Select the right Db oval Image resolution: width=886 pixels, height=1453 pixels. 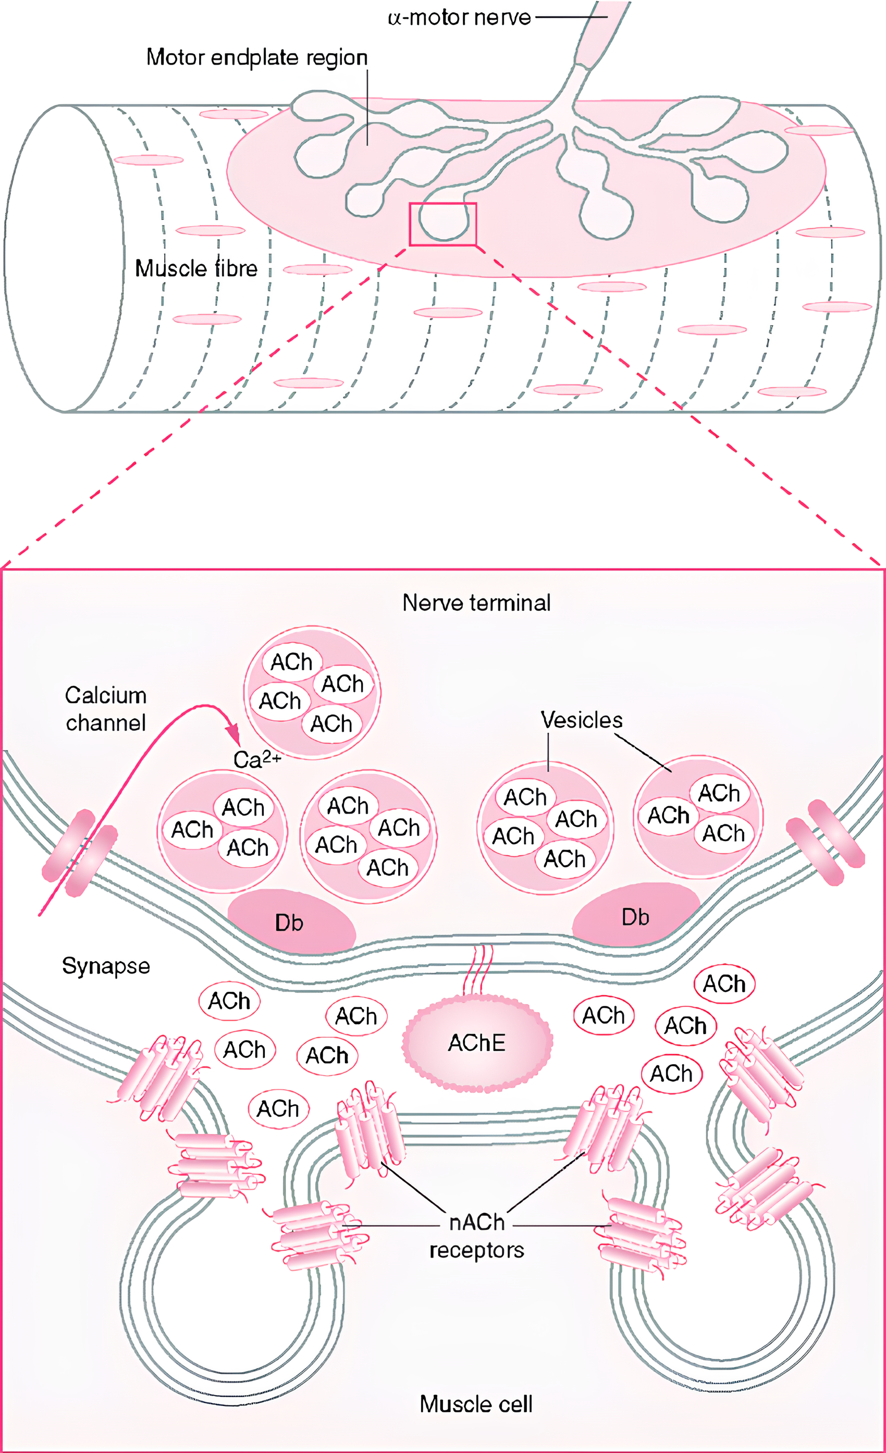(635, 916)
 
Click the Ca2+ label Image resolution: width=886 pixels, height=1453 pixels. (256, 759)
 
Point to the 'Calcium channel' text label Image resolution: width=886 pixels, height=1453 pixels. (106, 709)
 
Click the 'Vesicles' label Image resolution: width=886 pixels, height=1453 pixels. (582, 720)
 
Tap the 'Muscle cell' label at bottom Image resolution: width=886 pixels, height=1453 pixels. (475, 1403)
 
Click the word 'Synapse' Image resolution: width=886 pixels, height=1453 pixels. (106, 966)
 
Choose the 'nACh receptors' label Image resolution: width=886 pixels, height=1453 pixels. (477, 1236)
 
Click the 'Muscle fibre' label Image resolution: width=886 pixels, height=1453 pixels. (196, 268)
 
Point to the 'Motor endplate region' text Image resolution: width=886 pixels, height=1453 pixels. (256, 57)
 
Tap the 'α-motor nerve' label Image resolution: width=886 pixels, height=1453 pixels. (459, 18)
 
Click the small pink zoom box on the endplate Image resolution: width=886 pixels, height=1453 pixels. (442, 224)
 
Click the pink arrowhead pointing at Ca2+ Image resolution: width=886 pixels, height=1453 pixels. (234, 735)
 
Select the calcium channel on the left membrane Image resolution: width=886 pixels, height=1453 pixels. (80, 853)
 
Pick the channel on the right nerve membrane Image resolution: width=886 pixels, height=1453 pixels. (825, 842)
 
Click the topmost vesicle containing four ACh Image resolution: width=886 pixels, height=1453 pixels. (312, 692)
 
